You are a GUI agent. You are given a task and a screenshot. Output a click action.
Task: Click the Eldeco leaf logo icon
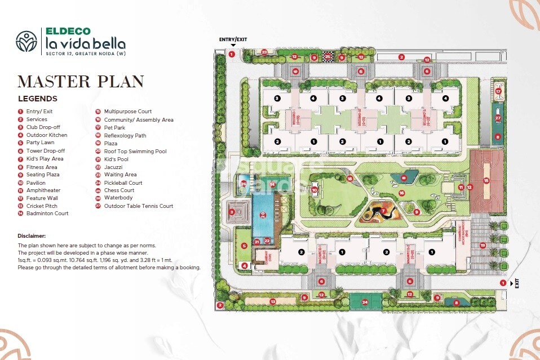pyautogui.click(x=26, y=41)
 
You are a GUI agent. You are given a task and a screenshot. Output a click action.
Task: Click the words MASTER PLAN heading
pyautogui.click(x=81, y=82)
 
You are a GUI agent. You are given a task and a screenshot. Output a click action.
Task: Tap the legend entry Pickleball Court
pyautogui.click(x=118, y=183)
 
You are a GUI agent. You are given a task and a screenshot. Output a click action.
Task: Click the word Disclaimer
pyautogui.click(x=32, y=235)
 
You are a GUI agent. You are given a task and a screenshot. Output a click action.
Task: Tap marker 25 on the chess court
pyautogui.click(x=327, y=56)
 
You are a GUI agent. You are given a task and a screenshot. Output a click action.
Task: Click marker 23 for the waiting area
pyautogui.click(x=264, y=52)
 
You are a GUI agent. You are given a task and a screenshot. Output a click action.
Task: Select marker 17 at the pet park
pyautogui.click(x=498, y=91)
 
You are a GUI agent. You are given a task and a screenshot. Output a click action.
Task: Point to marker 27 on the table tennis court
pyautogui.click(x=498, y=118)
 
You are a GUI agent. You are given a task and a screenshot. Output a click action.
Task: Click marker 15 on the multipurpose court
pyautogui.click(x=486, y=180)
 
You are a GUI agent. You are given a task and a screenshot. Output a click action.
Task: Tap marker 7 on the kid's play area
pyautogui.click(x=383, y=211)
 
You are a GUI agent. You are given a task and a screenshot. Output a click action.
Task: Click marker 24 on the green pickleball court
pyautogui.click(x=364, y=303)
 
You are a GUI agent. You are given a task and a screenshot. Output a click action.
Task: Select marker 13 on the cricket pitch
pyautogui.click(x=273, y=302)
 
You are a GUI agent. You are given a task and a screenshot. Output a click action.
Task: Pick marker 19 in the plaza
pyautogui.click(x=482, y=245)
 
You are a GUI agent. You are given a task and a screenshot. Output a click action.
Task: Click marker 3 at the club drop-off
pyautogui.click(x=232, y=212)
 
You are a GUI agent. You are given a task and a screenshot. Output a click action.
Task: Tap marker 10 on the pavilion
pyautogui.click(x=315, y=190)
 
